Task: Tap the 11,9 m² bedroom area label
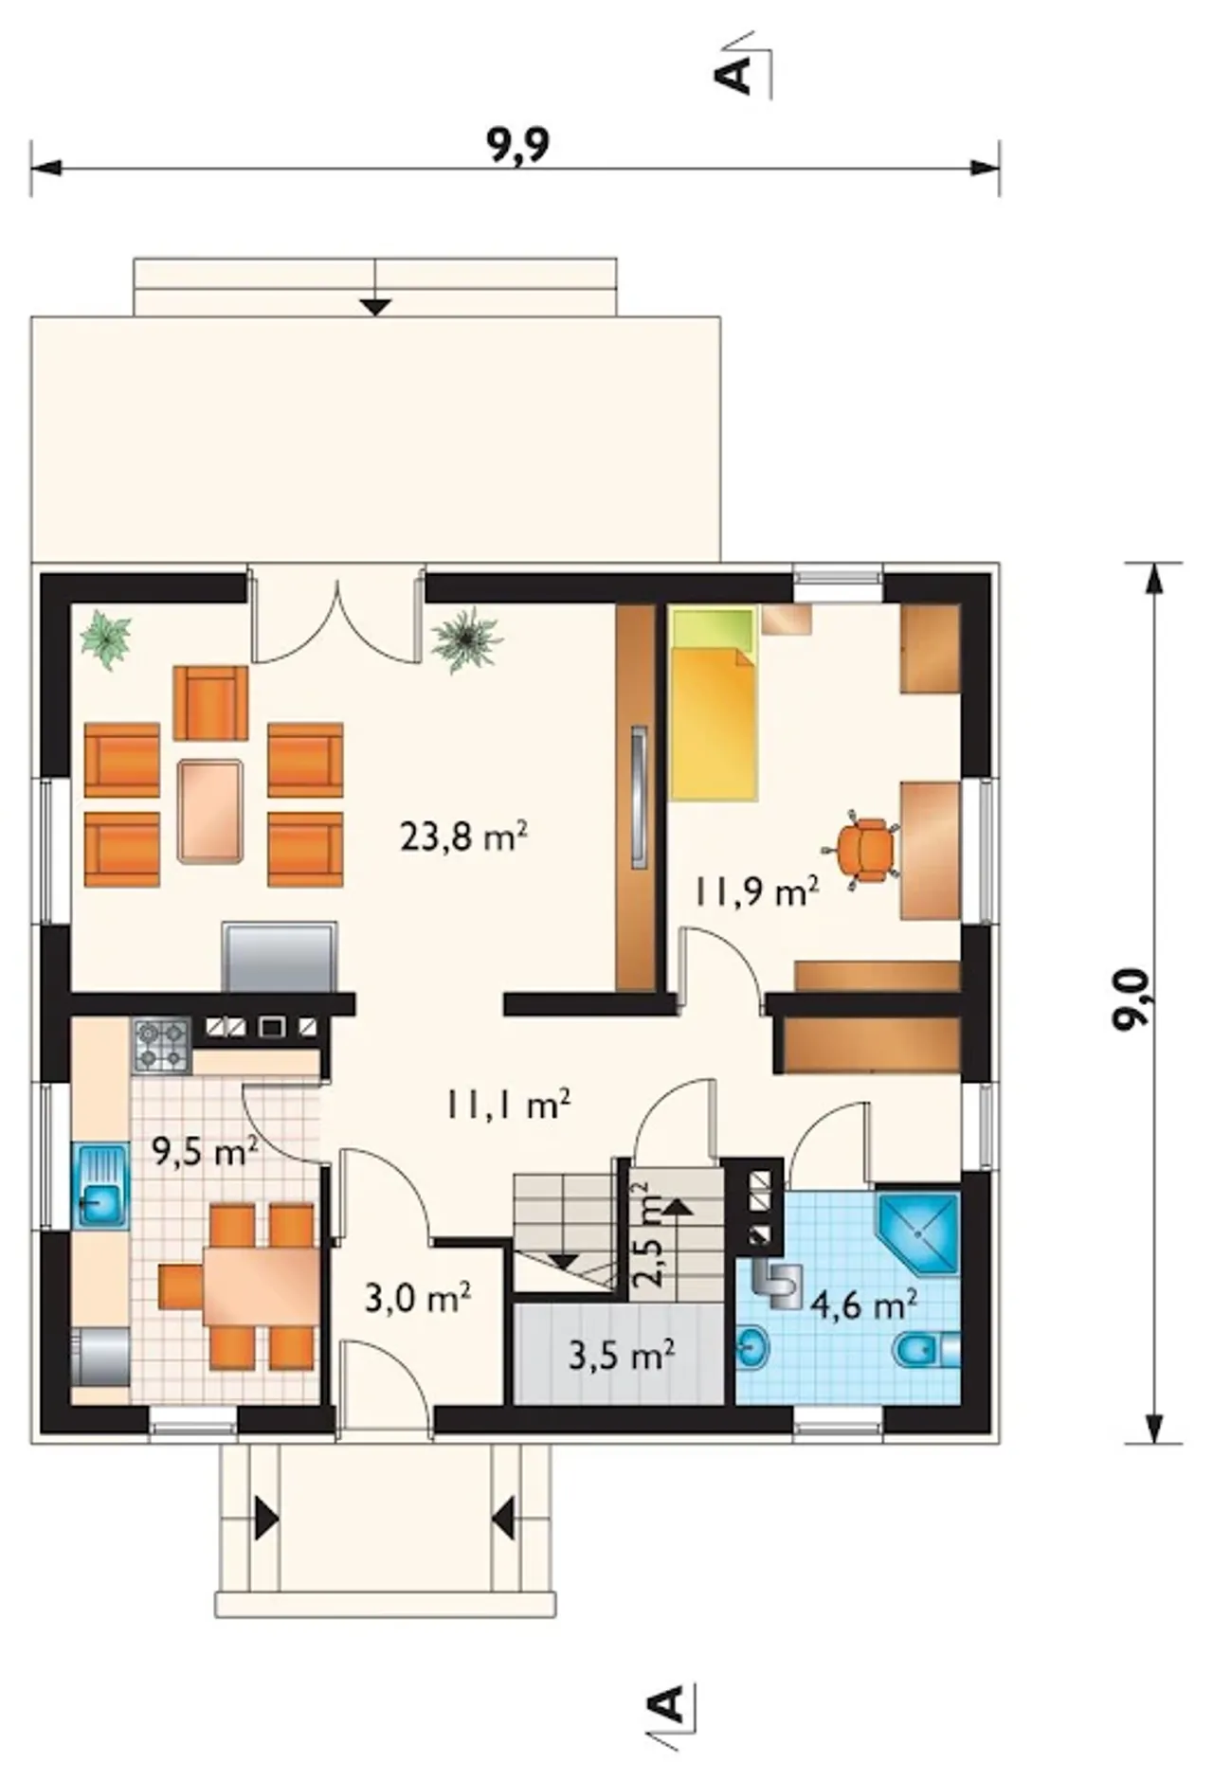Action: pyautogui.click(x=755, y=890)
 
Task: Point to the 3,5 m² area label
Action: pyautogui.click(x=621, y=1355)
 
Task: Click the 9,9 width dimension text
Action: pyautogui.click(x=518, y=145)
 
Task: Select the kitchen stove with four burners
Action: pyautogui.click(x=161, y=1046)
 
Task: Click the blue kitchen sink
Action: pyautogui.click(x=100, y=1186)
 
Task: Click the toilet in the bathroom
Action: pyautogui.click(x=926, y=1349)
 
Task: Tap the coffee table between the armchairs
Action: pyautogui.click(x=209, y=811)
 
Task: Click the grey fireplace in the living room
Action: pyautogui.click(x=280, y=958)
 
